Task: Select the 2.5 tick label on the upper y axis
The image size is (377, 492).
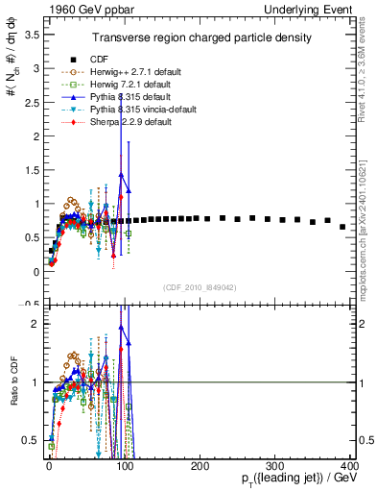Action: pos(32,102)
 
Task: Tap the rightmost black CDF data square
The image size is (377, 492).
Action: pos(342,227)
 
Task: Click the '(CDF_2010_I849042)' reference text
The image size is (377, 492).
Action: pos(200,286)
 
